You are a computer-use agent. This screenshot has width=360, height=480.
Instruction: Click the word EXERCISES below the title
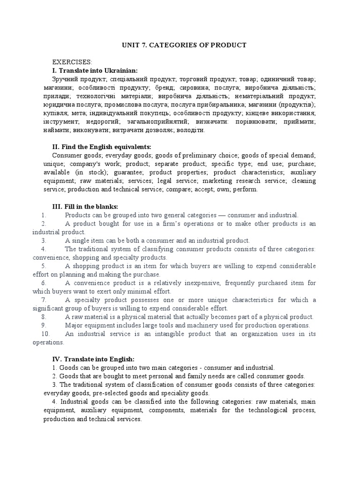(72, 62)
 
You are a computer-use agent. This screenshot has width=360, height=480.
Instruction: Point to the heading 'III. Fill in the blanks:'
(85, 206)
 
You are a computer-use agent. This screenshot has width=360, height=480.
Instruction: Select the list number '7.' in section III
(44, 300)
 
